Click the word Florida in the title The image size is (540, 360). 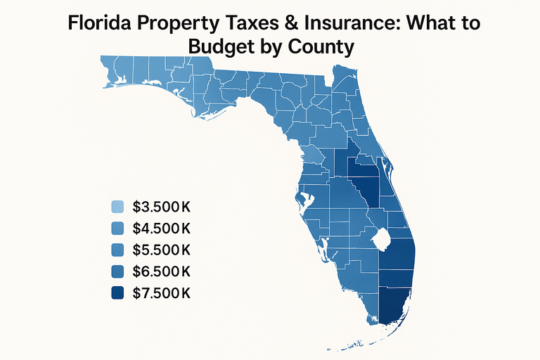pyautogui.click(x=98, y=22)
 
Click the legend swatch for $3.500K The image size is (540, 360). pyautogui.click(x=118, y=207)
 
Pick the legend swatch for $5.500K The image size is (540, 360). pyautogui.click(x=118, y=250)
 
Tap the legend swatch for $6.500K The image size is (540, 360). pyautogui.click(x=118, y=271)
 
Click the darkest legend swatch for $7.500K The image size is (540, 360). pyautogui.click(x=118, y=293)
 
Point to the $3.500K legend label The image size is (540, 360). pyautogui.click(x=162, y=207)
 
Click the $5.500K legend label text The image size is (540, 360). pyautogui.click(x=162, y=250)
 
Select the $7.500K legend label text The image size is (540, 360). pyautogui.click(x=162, y=293)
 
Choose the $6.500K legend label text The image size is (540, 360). pyautogui.click(x=162, y=271)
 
